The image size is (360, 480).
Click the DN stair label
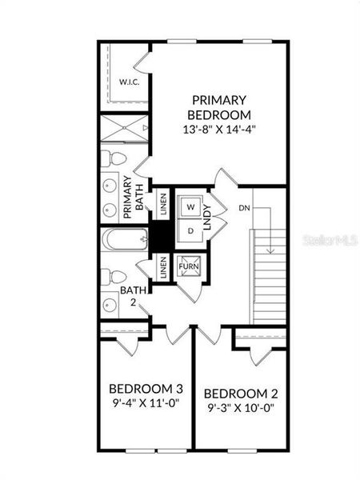[x=244, y=209]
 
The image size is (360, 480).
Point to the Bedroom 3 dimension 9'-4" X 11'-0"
[x=144, y=403]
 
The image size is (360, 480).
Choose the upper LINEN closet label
[x=162, y=206]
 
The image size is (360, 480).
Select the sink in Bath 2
[x=110, y=305]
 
